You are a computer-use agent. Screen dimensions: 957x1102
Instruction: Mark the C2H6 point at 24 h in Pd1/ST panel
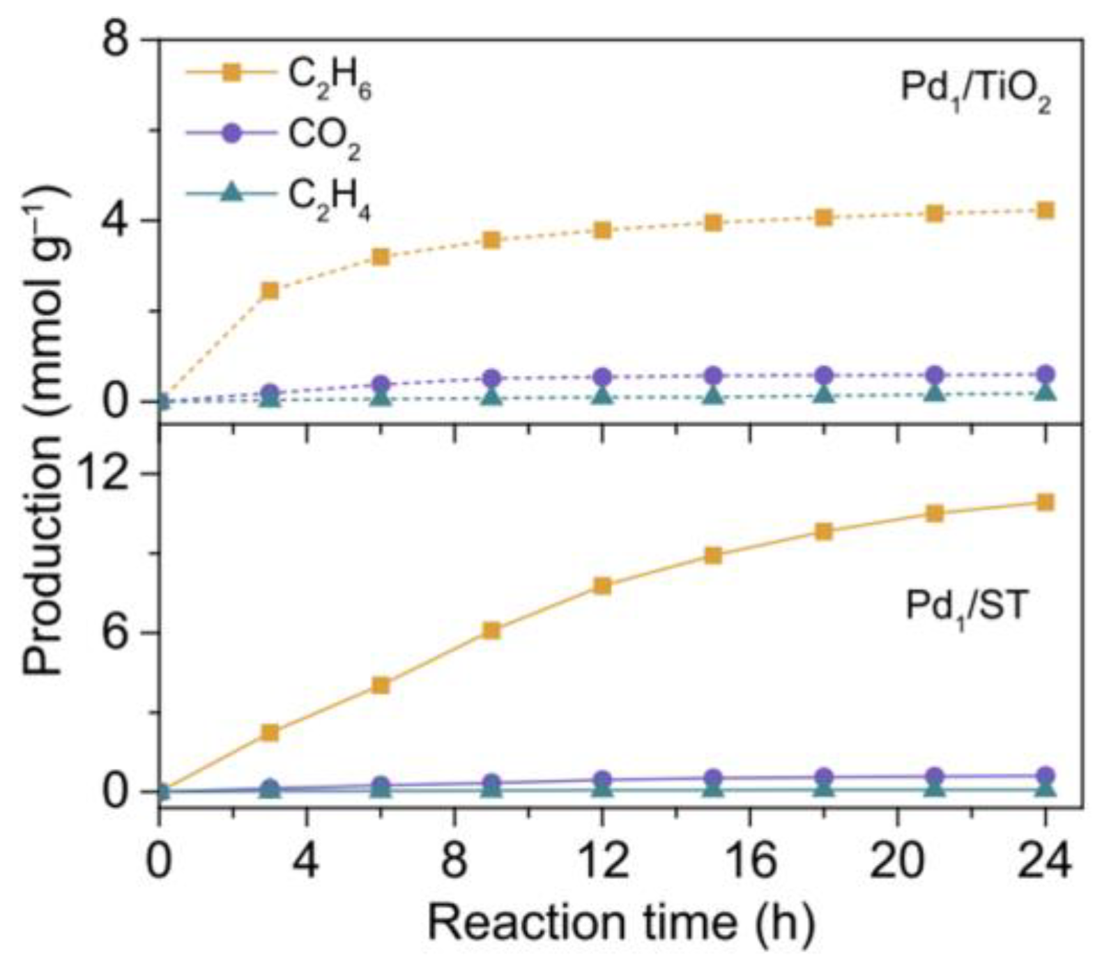(x=1045, y=503)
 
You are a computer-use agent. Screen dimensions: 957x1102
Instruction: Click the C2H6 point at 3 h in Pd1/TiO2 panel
(x=270, y=290)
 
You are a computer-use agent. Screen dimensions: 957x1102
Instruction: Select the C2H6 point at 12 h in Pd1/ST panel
(x=602, y=586)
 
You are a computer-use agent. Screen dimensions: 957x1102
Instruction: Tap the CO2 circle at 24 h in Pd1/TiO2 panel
(x=1045, y=374)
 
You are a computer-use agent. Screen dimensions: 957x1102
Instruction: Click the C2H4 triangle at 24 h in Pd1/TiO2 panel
(x=1045, y=393)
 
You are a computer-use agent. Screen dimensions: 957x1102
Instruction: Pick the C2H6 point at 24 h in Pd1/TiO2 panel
(x=1045, y=210)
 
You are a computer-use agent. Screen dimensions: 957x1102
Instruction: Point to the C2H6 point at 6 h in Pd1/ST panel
(x=381, y=685)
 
